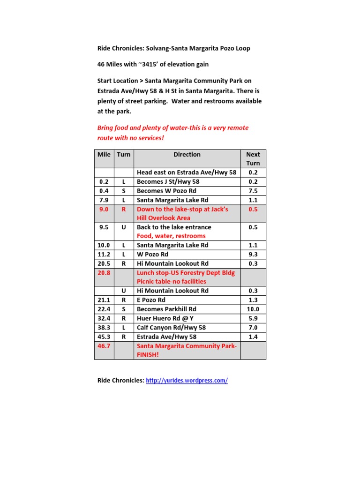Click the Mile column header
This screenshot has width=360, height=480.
coord(104,155)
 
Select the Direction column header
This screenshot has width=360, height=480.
coord(187,155)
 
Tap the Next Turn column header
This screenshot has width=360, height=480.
coord(253,159)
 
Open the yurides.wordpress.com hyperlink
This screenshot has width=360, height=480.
coord(187,381)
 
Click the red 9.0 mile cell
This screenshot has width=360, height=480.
coord(104,210)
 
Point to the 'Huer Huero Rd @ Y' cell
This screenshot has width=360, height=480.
coord(165,318)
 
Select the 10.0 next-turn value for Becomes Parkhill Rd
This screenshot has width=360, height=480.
coord(253,309)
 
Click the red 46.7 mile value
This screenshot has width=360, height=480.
coord(104,346)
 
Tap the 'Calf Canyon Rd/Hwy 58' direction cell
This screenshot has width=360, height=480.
coord(171,328)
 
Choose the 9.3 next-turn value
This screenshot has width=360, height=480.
coord(253,255)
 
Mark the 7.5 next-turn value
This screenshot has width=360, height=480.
coord(253,191)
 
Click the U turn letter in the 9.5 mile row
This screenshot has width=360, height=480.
coord(124,227)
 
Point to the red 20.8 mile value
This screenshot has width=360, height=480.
coord(104,272)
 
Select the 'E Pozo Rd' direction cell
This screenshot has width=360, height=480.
coord(151,300)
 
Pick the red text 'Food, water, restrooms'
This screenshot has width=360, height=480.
coord(171,236)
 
